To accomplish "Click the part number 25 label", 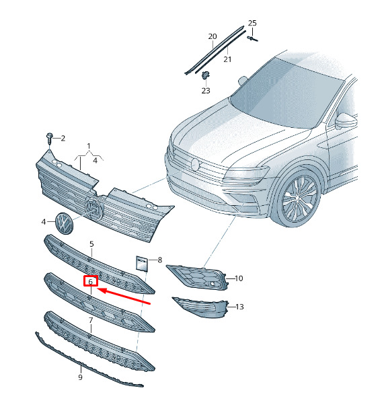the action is click(252, 23).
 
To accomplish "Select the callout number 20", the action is click(213, 36).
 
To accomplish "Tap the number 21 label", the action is click(227, 59).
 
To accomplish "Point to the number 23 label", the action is click(206, 91).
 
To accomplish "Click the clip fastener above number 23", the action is click(205, 75).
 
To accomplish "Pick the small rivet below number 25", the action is click(252, 38).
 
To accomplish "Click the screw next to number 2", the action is click(49, 137).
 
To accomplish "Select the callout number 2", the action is click(63, 139).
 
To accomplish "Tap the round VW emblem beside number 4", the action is click(64, 223).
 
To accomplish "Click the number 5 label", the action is click(91, 244).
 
